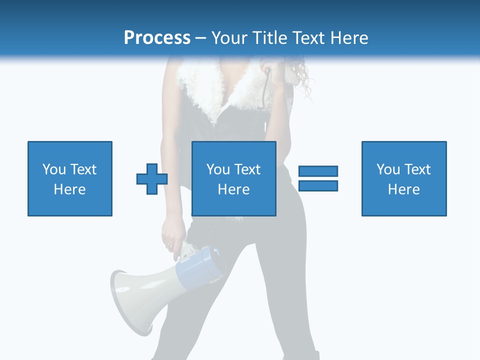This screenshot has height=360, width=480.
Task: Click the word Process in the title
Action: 157,37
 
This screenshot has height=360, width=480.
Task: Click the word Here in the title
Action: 348,37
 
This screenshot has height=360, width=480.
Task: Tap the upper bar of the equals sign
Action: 318,171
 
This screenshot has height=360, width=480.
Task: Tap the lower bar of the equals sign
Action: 318,185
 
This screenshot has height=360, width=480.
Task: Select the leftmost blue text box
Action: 70,150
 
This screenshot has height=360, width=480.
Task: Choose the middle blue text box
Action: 234,150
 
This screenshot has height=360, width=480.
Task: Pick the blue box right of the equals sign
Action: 404,150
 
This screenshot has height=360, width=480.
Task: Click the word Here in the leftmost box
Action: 69,189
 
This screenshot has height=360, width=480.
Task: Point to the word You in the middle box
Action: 218,169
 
